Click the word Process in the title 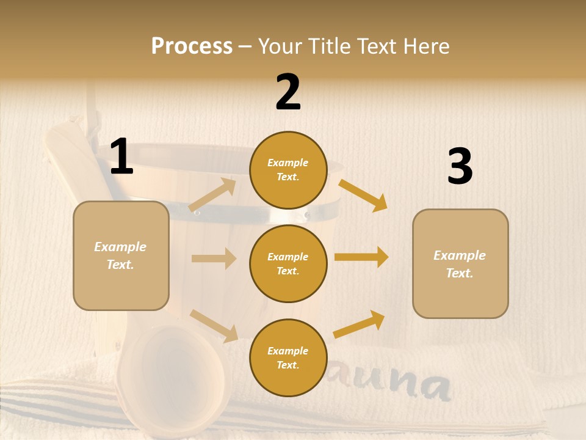192,46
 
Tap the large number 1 121,157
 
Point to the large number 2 288,92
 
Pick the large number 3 460,166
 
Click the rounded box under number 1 121,255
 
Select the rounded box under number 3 460,263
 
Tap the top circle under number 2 288,170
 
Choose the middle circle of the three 288,263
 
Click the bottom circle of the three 288,358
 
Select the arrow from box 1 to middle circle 214,258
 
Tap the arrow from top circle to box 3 363,195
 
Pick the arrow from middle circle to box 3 361,257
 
